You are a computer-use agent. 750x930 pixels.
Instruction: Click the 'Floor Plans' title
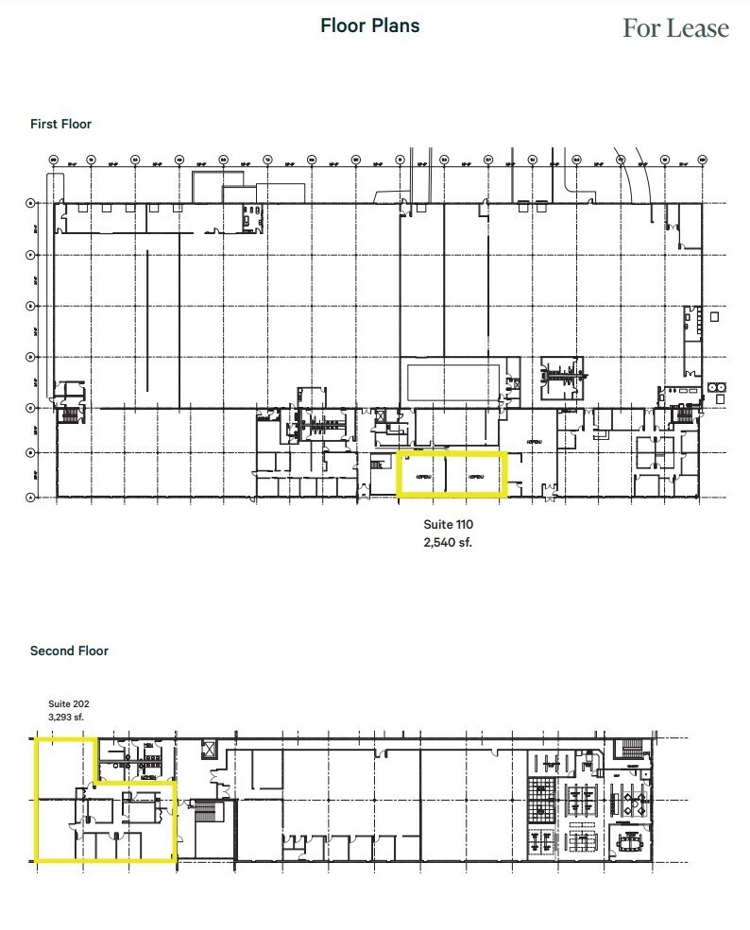[x=369, y=25]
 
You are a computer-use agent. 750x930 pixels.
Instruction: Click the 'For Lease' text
[x=675, y=28]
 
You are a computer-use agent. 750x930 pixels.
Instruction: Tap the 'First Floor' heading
[x=60, y=124]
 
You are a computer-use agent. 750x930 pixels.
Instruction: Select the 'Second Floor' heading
[x=69, y=651]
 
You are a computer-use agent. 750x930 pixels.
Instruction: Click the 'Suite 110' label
[x=448, y=524]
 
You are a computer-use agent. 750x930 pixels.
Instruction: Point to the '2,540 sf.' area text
[x=448, y=542]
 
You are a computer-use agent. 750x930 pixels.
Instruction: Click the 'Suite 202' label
[x=68, y=703]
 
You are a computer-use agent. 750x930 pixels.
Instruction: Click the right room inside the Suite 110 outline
[x=476, y=475]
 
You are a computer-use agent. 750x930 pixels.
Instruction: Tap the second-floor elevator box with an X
[x=209, y=747]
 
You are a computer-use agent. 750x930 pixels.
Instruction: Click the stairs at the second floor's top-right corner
[x=627, y=750]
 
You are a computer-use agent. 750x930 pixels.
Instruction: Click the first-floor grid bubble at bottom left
[x=31, y=497]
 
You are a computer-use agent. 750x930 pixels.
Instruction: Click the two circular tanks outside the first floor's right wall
[x=717, y=387]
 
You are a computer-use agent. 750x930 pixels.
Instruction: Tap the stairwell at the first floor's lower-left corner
[x=69, y=414]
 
